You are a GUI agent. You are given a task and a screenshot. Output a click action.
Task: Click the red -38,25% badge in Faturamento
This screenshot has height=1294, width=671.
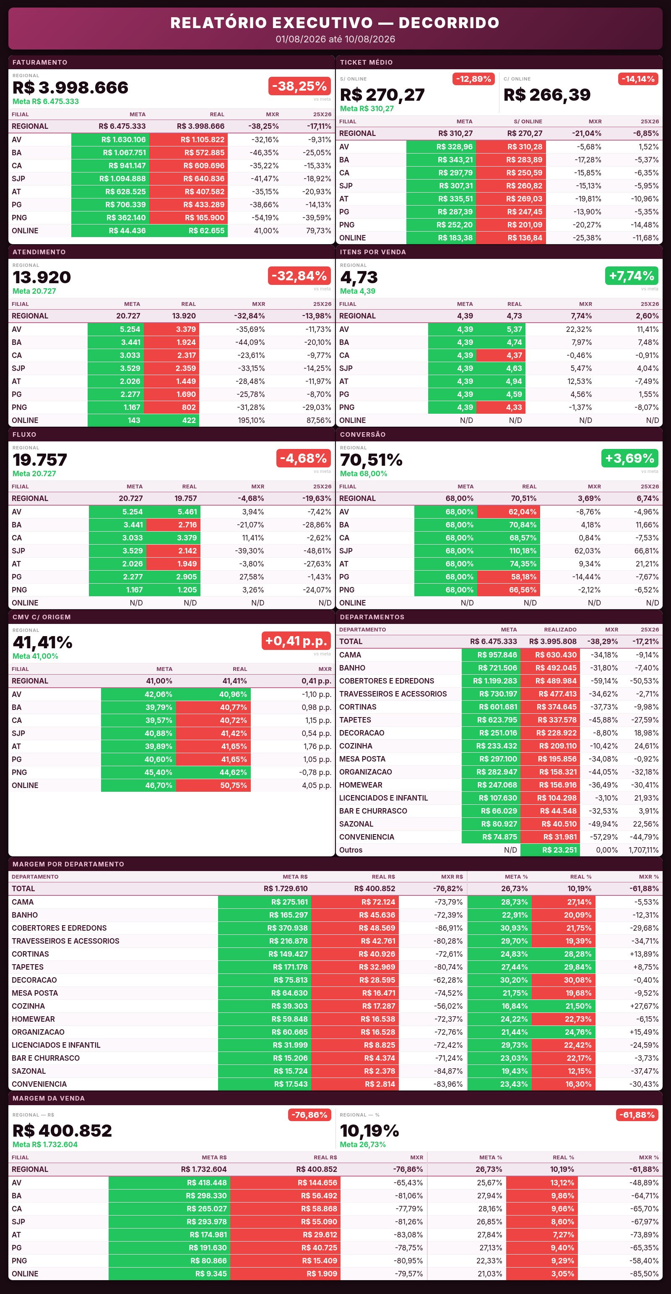pos(299,86)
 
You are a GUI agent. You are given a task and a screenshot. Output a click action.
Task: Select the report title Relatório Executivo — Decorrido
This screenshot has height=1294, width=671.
pos(335,23)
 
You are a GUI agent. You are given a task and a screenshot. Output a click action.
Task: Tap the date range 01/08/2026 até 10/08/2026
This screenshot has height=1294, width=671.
pos(335,39)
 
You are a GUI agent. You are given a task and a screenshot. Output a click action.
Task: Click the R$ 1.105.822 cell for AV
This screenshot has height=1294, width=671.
pos(188,140)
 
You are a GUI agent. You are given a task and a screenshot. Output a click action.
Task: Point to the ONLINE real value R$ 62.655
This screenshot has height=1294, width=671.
pos(188,231)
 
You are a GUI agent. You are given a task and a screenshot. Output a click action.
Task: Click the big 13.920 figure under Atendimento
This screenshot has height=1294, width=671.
pos(42,277)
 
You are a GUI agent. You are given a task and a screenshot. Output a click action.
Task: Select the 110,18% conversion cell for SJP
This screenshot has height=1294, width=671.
pos(508,550)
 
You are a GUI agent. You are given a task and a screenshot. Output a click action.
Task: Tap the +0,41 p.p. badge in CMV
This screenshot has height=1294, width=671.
pos(296,641)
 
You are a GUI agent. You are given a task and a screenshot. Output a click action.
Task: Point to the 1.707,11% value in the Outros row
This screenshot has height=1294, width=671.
pos(643,850)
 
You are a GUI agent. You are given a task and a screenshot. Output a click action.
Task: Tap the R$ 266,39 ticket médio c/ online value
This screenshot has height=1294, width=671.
pos(547,95)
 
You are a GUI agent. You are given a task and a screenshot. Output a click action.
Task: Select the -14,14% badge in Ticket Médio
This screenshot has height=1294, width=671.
pos(638,79)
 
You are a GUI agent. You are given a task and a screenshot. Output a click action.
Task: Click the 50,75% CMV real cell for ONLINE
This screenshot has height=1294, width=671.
pos(213,785)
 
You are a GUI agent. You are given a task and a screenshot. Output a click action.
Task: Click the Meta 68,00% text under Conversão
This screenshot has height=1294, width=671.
pos(364,474)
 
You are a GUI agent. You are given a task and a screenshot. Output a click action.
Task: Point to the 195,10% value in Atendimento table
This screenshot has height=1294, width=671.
pos(251,420)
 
